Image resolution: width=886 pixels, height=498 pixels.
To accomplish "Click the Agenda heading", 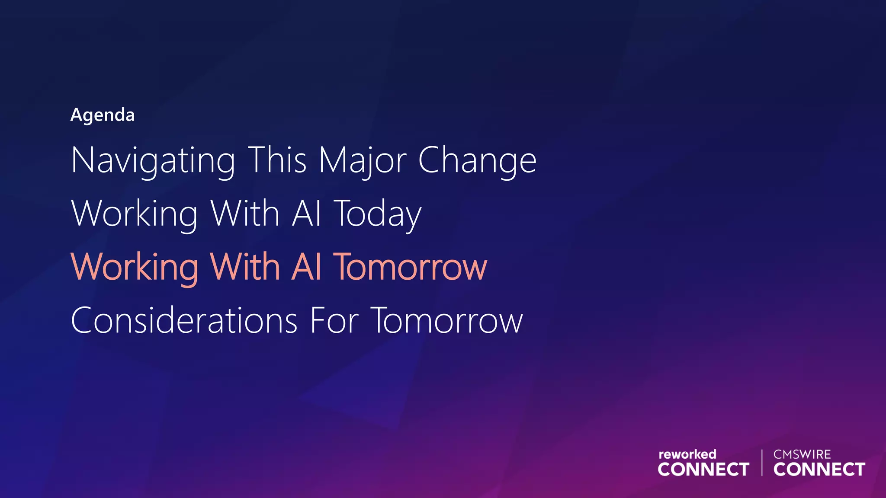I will (x=103, y=115).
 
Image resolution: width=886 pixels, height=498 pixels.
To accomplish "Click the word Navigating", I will (x=153, y=161).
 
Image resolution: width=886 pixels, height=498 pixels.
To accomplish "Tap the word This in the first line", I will (x=277, y=160).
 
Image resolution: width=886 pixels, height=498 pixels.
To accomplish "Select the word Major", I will (x=363, y=160).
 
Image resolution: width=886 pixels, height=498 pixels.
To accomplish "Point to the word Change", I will (x=477, y=161).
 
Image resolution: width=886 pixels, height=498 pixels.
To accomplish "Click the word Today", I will (x=378, y=214).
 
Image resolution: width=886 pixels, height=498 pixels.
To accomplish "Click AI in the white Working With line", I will (x=307, y=213).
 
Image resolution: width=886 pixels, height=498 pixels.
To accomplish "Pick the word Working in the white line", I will (x=135, y=214).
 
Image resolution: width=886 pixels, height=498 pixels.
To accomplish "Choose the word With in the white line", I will (x=245, y=213).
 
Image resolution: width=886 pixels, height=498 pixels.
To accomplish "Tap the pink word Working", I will (x=135, y=268).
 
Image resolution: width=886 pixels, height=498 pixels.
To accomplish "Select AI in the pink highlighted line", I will (x=307, y=267).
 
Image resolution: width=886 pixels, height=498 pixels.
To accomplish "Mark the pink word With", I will (x=245, y=267).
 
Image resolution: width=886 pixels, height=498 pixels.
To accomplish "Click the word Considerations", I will (x=184, y=321).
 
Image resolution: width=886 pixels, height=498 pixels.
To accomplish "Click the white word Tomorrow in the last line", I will (x=447, y=321).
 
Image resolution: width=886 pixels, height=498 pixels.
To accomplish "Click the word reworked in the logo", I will (x=687, y=454).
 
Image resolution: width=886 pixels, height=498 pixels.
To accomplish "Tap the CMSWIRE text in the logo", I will (x=802, y=454).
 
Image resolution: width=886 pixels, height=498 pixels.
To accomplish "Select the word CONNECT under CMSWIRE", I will (x=819, y=469).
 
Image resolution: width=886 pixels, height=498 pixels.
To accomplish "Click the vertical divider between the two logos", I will (x=762, y=463).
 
